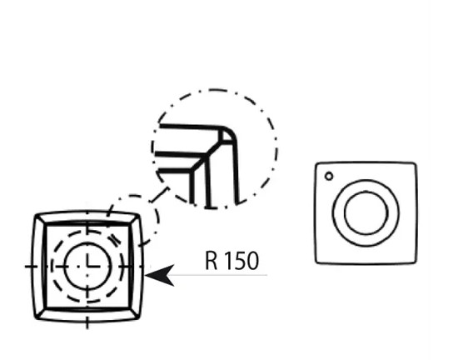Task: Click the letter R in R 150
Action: (212, 260)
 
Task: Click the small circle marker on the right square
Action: (329, 176)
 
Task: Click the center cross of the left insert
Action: (87, 266)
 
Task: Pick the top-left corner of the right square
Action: (316, 163)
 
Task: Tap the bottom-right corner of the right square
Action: (415, 262)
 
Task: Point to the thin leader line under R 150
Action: (217, 275)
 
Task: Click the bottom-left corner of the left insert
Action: (36, 318)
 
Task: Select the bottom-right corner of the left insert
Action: (139, 317)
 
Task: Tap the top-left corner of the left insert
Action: (36, 216)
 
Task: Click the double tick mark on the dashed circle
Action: (115, 240)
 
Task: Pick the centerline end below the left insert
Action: (87, 327)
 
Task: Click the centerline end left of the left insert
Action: (26, 267)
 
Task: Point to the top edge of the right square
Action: (366, 162)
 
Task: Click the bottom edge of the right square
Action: (366, 263)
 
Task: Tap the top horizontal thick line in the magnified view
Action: (190, 127)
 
